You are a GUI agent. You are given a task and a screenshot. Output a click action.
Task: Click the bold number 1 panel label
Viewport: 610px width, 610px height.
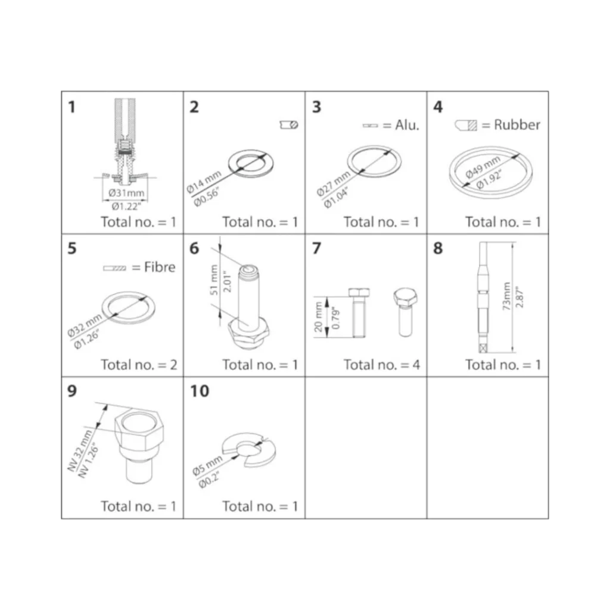pos(71,107)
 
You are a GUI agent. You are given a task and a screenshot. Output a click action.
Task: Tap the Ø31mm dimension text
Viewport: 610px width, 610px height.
pos(126,193)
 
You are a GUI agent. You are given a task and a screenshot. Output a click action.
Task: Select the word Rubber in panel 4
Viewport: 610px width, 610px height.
pos(517,125)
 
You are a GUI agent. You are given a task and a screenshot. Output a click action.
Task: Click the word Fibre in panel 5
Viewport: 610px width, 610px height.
pos(160,267)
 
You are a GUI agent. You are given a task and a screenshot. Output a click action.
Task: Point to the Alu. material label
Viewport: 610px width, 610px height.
pos(407,125)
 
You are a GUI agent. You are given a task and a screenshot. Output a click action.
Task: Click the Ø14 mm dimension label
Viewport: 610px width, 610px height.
pos(204,182)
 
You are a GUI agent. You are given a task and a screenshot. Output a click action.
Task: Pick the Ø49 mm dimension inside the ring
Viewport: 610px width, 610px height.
pos(483,167)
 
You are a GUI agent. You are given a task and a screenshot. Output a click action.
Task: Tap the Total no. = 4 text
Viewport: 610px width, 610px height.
pos(382,365)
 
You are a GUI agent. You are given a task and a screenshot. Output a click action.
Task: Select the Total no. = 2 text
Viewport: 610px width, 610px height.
pos(139,365)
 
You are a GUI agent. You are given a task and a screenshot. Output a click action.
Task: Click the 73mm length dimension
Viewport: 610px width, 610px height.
pos(506,296)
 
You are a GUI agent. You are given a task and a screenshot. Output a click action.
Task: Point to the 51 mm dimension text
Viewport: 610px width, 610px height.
pos(214,280)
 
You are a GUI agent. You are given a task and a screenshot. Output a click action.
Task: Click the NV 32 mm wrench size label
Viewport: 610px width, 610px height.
pos(80,451)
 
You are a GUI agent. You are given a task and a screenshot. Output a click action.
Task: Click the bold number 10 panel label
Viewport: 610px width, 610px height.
pos(200,391)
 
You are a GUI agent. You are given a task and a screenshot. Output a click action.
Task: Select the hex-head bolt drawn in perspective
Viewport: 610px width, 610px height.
pos(406,312)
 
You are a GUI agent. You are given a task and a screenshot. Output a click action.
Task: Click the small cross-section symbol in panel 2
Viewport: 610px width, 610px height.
pos(289,125)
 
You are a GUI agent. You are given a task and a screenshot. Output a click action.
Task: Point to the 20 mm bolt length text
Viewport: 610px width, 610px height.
pos(319,317)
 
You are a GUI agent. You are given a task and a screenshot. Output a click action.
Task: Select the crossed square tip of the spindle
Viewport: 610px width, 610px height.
pos(483,348)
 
